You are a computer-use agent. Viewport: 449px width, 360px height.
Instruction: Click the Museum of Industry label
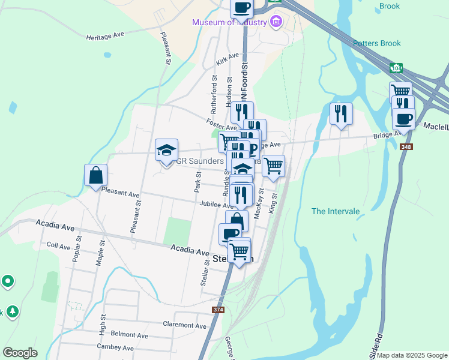pyautogui.click(x=229, y=23)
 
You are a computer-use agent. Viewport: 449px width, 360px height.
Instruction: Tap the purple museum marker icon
pyautogui.click(x=276, y=23)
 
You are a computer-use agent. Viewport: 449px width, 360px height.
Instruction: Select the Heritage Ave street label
pyautogui.click(x=104, y=35)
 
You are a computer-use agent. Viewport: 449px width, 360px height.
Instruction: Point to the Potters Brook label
pyautogui.click(x=376, y=43)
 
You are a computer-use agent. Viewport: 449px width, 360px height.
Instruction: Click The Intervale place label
pyautogui.click(x=335, y=211)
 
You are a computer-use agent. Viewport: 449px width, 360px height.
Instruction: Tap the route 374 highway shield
pyautogui.click(x=218, y=310)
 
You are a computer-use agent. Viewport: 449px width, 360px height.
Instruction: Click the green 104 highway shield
pyautogui.click(x=396, y=67)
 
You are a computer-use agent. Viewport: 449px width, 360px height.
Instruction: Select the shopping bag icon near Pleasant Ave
pyautogui.click(x=95, y=176)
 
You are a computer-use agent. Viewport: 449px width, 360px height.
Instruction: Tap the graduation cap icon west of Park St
pyautogui.click(x=166, y=150)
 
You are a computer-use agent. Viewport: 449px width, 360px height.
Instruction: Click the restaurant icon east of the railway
pyautogui.click(x=341, y=113)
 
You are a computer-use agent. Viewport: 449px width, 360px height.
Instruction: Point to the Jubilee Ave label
pyautogui.click(x=216, y=205)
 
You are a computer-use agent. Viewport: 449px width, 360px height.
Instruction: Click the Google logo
pyautogui.click(x=20, y=353)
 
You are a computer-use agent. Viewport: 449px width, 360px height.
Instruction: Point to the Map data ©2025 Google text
pyautogui.click(x=412, y=355)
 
